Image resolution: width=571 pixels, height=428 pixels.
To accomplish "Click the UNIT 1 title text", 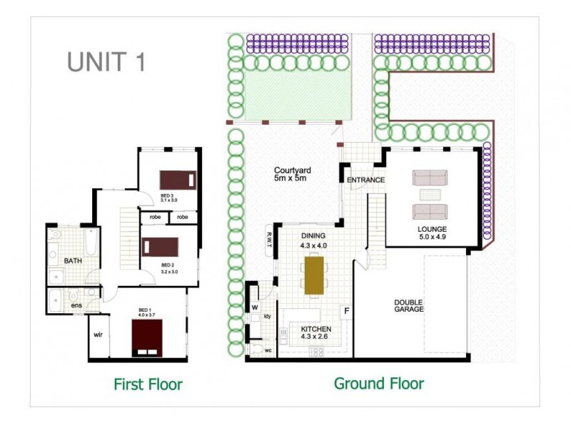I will tap(106, 61).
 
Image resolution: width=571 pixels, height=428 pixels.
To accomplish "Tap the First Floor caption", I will tap(148, 384).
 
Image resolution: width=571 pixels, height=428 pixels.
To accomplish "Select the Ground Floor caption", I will tap(378, 384).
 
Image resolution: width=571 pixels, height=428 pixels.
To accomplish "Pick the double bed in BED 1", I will tap(146, 337).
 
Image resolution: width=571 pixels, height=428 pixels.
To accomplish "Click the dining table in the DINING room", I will tap(313, 275).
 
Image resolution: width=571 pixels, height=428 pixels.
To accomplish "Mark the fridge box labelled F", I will tap(346, 312).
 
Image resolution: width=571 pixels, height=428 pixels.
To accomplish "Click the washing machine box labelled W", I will tap(254, 307).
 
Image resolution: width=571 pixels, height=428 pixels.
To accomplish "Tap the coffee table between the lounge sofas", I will tap(430, 194).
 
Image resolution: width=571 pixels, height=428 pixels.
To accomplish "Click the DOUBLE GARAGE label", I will tap(409, 305).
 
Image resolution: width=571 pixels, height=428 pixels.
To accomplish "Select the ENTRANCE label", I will tap(365, 180).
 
